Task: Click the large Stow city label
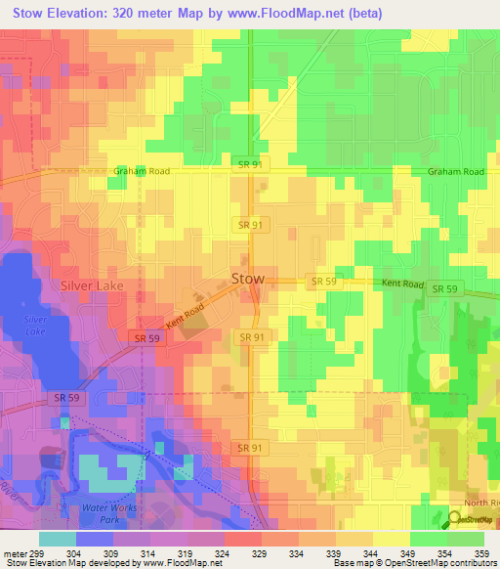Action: point(248,280)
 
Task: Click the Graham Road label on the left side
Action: point(142,171)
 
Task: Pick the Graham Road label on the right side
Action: point(455,171)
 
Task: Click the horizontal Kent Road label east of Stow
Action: point(402,284)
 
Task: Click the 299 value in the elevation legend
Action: point(45,553)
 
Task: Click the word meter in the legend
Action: point(17,553)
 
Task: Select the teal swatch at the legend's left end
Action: point(58,539)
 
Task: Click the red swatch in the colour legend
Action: point(243,539)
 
